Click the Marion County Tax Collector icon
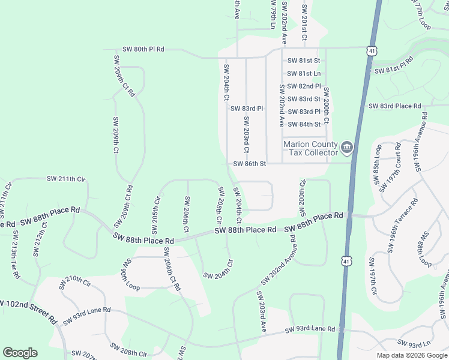click(347, 148)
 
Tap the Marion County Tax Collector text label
click(311, 148)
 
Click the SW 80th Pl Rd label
click(143, 49)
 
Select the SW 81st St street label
click(304, 61)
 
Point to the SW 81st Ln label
click(304, 73)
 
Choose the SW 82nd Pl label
click(304, 86)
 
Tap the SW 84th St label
click(304, 124)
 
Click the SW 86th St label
click(249, 163)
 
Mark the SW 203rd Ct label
click(246, 134)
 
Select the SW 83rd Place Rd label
click(395, 106)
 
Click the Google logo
click(20, 353)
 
